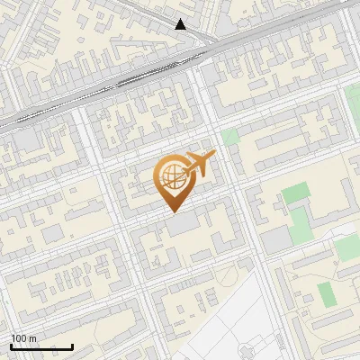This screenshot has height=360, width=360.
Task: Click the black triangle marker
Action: (x=181, y=24)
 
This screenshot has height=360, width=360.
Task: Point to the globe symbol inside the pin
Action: (x=172, y=176)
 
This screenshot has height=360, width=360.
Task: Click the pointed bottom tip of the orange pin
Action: (x=173, y=212)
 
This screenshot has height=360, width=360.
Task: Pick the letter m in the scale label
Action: (x=33, y=338)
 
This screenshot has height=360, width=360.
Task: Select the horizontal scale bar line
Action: (x=41, y=346)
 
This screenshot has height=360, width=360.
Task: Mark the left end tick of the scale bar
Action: (x=11, y=346)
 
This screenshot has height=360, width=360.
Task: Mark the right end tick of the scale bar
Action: (x=72, y=346)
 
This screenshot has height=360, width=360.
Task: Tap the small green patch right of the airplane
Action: (x=230, y=138)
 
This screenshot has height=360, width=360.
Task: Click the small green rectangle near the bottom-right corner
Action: (x=326, y=293)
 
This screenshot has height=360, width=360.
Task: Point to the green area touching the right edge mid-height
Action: (x=347, y=247)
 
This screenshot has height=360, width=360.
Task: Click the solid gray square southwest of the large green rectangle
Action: (x=276, y=238)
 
